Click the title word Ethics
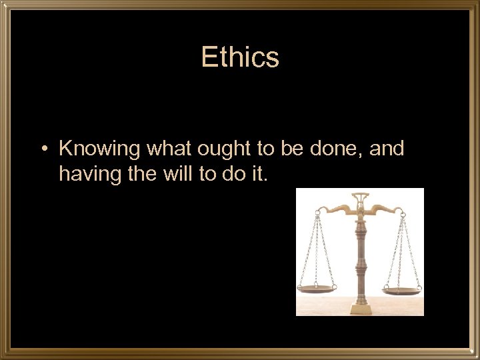point(240,57)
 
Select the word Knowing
point(100,149)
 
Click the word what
point(168,148)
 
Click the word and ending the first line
point(387,148)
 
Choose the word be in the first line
point(291,148)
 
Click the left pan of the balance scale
point(317,289)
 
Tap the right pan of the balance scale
point(403,289)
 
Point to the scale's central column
point(360,260)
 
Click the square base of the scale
point(360,308)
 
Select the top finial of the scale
point(360,197)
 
